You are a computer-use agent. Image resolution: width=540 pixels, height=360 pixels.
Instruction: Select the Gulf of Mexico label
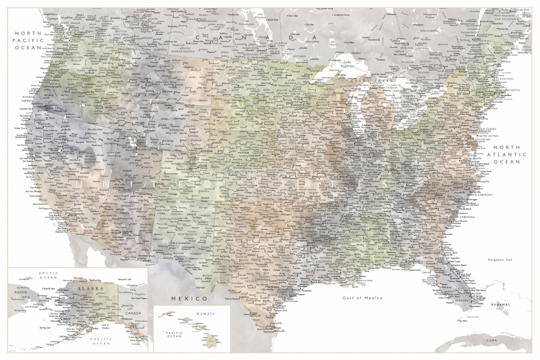[362, 297]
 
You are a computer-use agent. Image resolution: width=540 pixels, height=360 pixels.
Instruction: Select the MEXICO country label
[189, 298]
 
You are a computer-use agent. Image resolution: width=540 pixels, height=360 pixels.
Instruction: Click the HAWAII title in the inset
[205, 314]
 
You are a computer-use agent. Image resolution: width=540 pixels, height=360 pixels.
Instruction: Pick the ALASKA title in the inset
[90, 289]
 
